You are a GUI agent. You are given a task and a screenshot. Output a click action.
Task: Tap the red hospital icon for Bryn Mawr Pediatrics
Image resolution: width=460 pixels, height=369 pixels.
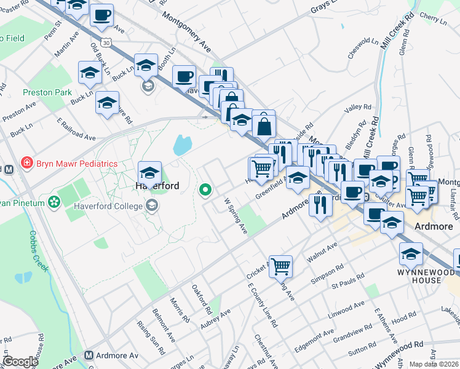[x=27, y=164]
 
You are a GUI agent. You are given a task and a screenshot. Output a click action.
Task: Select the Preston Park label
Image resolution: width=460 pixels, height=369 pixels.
[x=47, y=92]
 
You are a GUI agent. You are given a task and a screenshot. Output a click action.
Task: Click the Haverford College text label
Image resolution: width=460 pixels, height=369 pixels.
[x=109, y=206]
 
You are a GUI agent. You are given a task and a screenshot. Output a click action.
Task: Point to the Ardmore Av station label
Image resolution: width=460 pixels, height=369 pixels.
[x=117, y=355]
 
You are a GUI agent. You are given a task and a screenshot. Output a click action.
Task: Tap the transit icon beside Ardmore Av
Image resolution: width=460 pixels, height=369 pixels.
[x=89, y=355]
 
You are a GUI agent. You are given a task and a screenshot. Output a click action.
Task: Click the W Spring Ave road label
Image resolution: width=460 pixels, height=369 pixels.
[x=236, y=216]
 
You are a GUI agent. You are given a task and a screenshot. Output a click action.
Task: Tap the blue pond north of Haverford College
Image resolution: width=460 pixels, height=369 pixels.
[x=182, y=145]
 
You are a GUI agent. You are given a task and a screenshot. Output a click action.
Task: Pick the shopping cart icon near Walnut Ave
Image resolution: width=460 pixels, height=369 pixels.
[x=280, y=266]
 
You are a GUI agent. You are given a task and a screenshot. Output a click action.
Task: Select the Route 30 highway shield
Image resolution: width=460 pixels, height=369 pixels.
[x=107, y=43]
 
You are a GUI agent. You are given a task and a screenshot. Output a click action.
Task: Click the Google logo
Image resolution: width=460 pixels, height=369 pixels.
[x=20, y=362]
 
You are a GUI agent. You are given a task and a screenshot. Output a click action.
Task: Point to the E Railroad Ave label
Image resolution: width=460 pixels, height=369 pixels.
[x=76, y=129]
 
